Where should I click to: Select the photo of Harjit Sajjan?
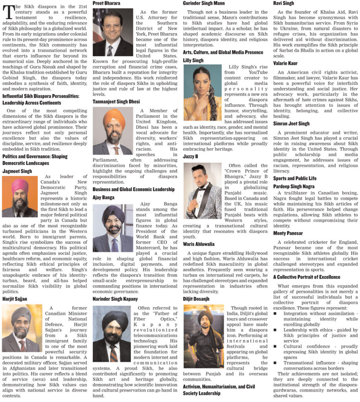[20, 329]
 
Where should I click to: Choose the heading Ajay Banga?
[103, 197]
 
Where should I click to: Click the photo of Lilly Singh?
[202, 93]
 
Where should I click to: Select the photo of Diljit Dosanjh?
[203, 336]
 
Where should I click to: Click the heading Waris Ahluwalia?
[199, 244]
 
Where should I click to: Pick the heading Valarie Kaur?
[285, 63]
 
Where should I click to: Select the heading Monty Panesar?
[288, 233]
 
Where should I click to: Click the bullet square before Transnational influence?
[276, 363]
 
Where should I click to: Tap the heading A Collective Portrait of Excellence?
[307, 277]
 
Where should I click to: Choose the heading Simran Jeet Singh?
[291, 124]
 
